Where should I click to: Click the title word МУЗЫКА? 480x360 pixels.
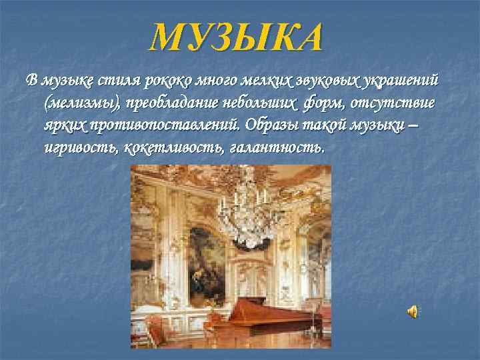[x=237, y=37]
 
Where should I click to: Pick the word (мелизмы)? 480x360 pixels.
[x=78, y=103]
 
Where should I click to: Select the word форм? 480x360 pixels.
[x=323, y=103]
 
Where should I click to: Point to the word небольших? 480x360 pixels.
[x=259, y=103]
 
